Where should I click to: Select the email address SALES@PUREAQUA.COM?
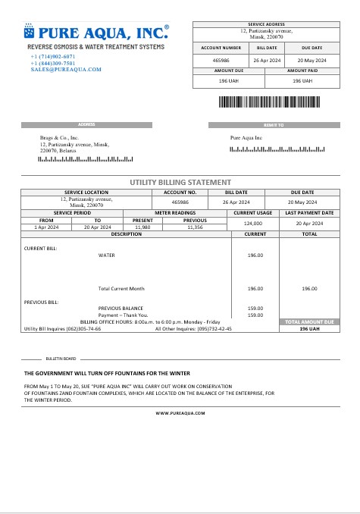coord(66,69)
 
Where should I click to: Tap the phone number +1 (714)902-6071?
coord(53,57)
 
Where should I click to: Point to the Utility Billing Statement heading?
coord(180,182)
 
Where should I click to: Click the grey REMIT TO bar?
coord(274,125)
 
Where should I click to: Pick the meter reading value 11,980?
coord(142,227)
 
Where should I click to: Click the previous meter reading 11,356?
coord(196,227)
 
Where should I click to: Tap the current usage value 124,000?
coord(252,224)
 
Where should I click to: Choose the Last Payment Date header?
coord(309,213)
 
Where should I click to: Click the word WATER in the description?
coord(107,255)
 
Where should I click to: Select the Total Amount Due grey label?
coord(309,322)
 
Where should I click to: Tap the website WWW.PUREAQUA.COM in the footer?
coord(180,413)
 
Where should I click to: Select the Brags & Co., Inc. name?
coord(59,138)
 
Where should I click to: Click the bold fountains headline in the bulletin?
coord(107,374)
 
